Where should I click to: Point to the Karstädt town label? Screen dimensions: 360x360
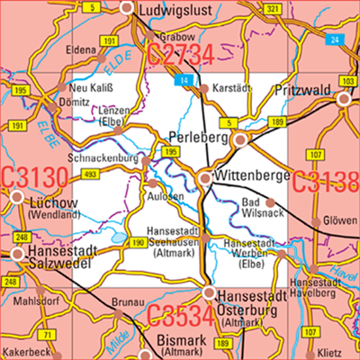coord(229,88)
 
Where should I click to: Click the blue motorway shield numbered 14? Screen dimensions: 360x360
coord(184,82)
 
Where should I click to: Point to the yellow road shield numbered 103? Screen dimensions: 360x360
coord(348,81)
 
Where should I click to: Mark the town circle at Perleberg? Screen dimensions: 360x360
coord(239,140)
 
